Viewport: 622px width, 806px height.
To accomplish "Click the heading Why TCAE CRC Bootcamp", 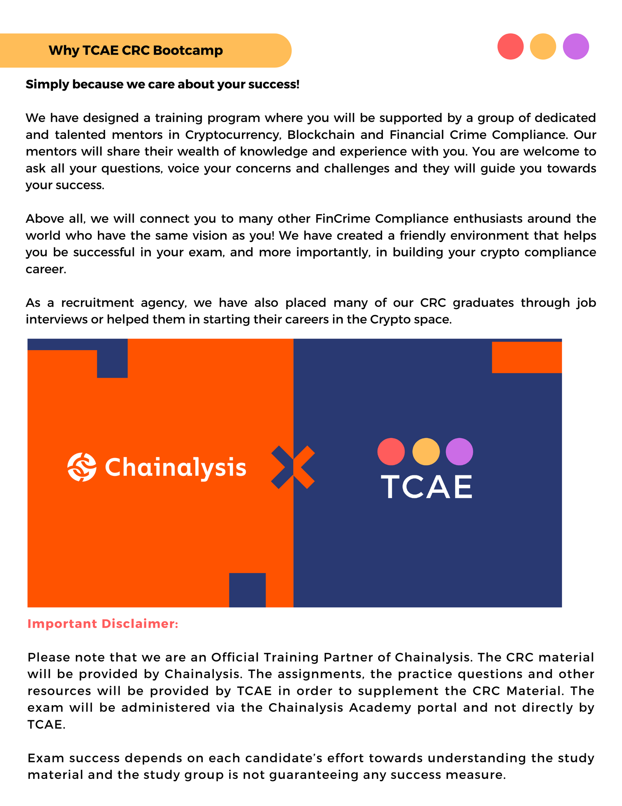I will pos(136,50).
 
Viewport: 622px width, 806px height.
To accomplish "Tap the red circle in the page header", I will pos(510,46).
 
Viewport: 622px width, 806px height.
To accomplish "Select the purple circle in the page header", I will pos(576,46).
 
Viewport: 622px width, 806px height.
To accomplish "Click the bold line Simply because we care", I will pos(162,84).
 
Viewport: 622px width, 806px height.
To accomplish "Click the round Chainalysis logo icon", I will pos(82,467).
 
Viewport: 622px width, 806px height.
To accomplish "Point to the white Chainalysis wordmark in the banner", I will pos(175,468).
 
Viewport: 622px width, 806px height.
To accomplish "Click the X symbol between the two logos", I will pos(293,467).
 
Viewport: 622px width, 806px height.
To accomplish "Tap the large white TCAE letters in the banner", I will pos(426,487).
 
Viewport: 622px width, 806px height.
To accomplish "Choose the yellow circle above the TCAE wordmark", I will pos(426,451).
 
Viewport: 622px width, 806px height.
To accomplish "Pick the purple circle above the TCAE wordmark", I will pos(459,451).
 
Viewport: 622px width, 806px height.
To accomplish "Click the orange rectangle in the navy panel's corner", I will pos(526,357).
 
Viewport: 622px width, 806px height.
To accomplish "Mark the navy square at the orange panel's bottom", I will pos(247,590).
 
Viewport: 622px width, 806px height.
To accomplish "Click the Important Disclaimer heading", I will pos(103,624).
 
